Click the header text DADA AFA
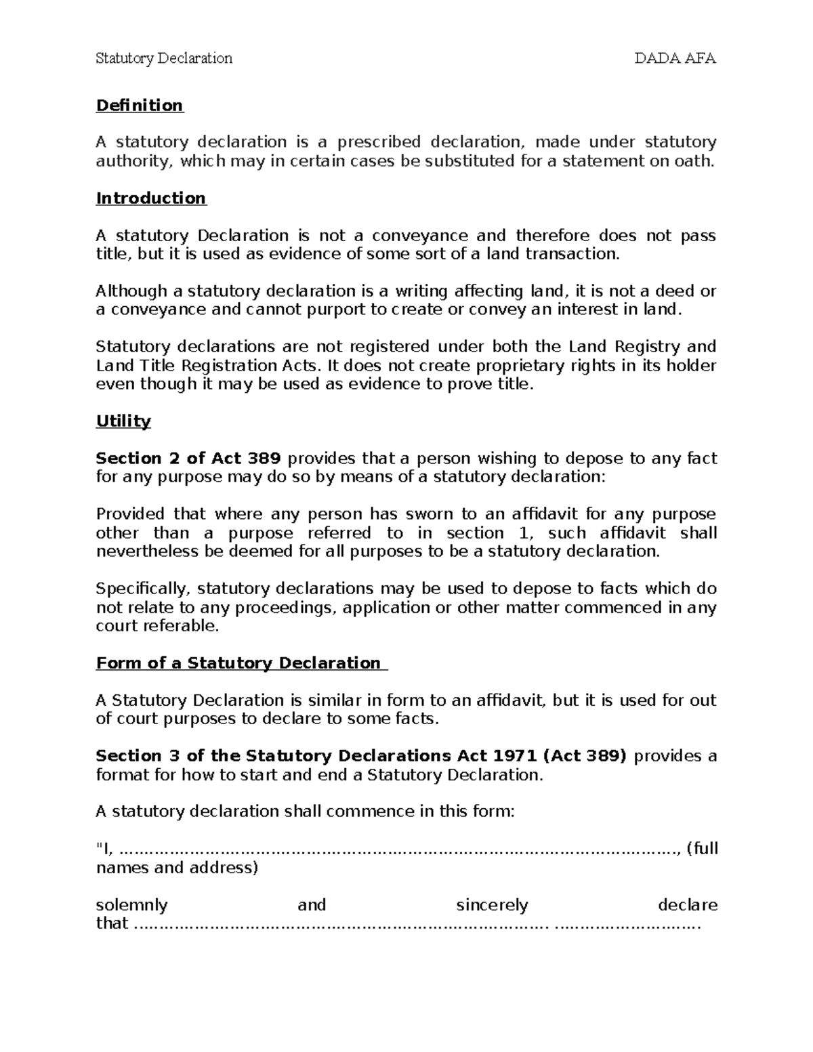[675, 58]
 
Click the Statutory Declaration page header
[164, 58]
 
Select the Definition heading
[140, 106]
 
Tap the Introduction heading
[151, 198]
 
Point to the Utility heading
[123, 421]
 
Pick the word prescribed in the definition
[379, 142]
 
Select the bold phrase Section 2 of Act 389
[188, 459]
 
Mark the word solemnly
[131, 905]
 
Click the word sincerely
[492, 905]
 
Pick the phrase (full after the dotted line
[702, 849]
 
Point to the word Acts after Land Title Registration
[299, 366]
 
